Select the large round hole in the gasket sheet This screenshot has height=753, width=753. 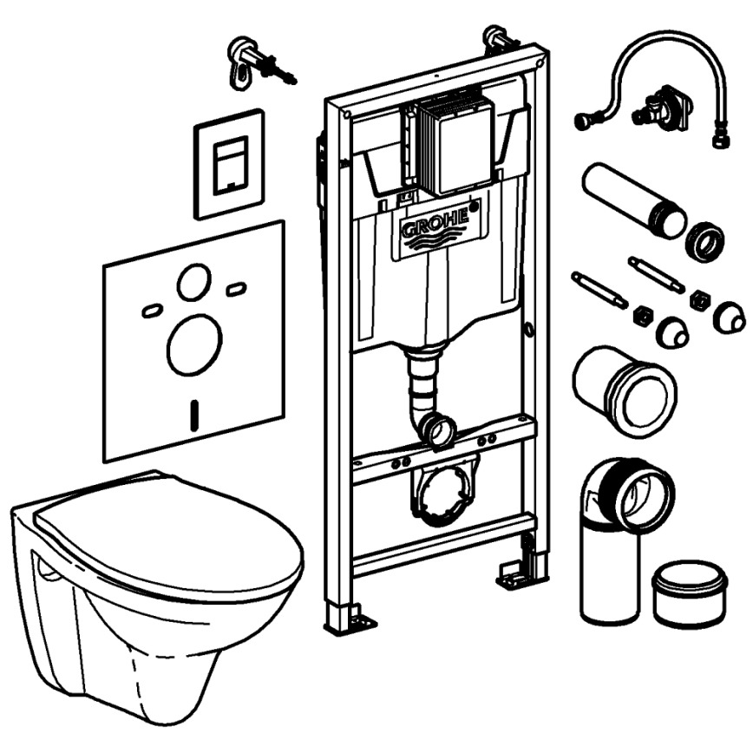tap(190, 345)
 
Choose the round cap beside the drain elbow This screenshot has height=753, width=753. tap(690, 592)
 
